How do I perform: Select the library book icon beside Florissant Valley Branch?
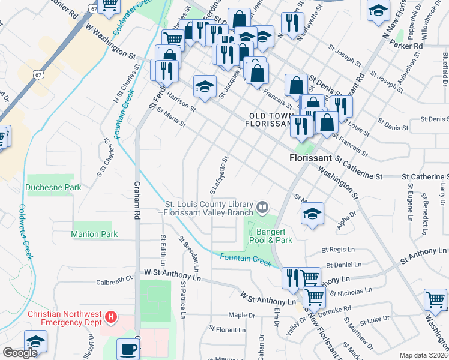[x=262, y=207]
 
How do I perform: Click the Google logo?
[x=20, y=353]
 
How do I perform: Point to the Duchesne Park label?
[x=53, y=187]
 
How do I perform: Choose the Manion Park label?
[x=94, y=234]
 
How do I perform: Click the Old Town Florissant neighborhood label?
[x=268, y=119]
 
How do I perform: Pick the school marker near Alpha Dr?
[x=313, y=213]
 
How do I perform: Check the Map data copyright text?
[x=423, y=355]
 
